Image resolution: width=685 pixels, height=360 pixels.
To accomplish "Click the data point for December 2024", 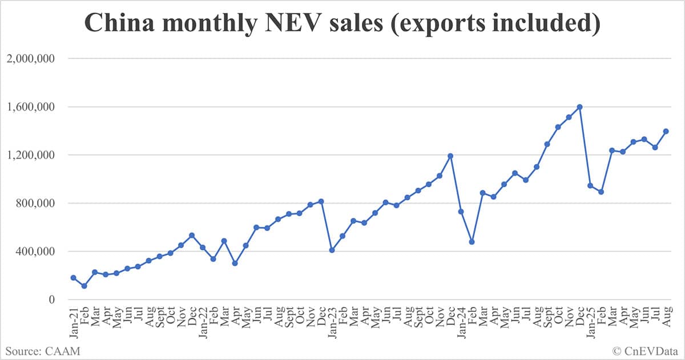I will (x=579, y=107).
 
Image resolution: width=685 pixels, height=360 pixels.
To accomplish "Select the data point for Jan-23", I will (x=332, y=250).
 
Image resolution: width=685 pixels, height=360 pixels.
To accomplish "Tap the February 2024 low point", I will (x=472, y=242).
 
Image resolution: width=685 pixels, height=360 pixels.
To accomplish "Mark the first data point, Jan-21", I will (x=73, y=278).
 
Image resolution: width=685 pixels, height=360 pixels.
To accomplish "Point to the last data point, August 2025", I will (x=666, y=131).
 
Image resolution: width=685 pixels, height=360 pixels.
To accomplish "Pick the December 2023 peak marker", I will (x=450, y=156).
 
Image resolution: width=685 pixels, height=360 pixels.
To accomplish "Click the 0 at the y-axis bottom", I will (x=53, y=300).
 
